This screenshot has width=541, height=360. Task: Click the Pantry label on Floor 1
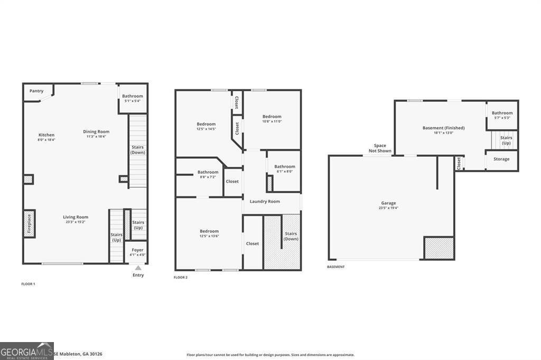pyautogui.click(x=36, y=91)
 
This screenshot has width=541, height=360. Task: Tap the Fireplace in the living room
pyautogui.click(x=29, y=224)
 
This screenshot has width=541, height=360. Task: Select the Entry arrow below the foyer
pyautogui.click(x=138, y=268)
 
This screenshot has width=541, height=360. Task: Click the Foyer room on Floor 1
pyautogui.click(x=137, y=252)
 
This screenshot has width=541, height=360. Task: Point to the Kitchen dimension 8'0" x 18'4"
pyautogui.click(x=46, y=140)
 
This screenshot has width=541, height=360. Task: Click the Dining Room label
pyautogui.click(x=96, y=131)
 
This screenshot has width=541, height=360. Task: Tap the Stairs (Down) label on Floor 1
pyautogui.click(x=138, y=150)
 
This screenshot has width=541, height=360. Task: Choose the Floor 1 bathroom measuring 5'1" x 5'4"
pyautogui.click(x=133, y=98)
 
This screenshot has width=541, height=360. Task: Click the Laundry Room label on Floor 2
pyautogui.click(x=265, y=201)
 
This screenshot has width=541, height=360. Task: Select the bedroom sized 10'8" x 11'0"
pyautogui.click(x=272, y=119)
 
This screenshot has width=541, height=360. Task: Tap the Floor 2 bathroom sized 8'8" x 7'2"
pyautogui.click(x=208, y=175)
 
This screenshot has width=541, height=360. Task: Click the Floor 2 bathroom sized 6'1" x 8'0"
pyautogui.click(x=284, y=169)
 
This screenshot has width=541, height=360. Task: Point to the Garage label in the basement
pyautogui.click(x=388, y=203)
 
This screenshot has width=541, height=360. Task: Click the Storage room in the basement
pyautogui.click(x=501, y=159)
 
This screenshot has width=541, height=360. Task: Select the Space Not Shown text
pyautogui.click(x=380, y=148)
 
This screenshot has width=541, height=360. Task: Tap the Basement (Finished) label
pyautogui.click(x=443, y=128)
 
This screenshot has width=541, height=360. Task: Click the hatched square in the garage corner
pyautogui.click(x=439, y=248)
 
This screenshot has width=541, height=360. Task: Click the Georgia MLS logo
pyautogui.click(x=26, y=351)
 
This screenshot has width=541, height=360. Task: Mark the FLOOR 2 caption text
pyautogui.click(x=181, y=277)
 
